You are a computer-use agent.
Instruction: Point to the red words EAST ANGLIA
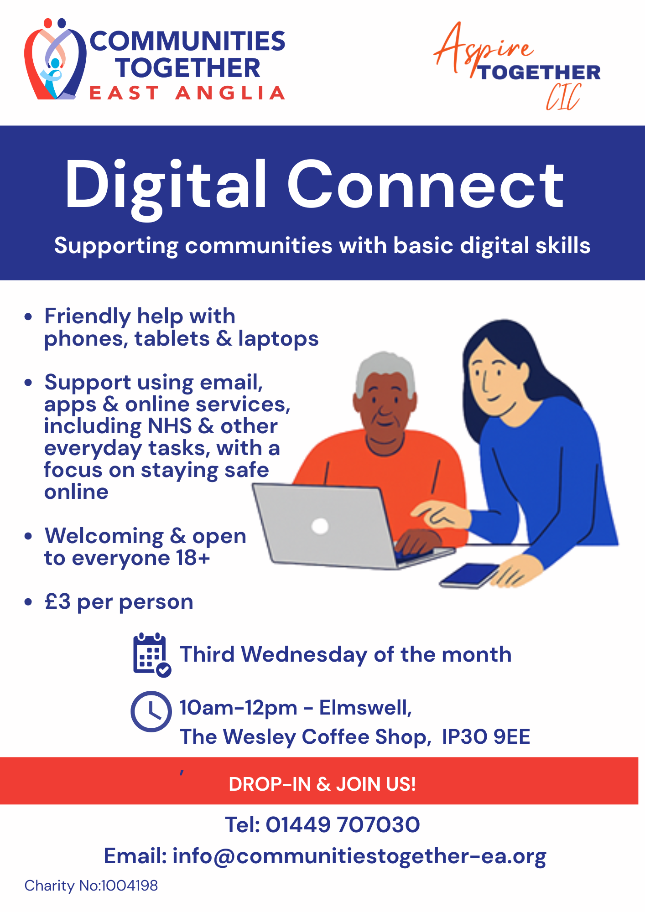[187, 93]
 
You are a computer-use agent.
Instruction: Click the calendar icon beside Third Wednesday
[151, 654]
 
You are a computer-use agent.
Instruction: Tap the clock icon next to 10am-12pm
[151, 711]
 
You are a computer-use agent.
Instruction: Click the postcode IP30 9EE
[486, 736]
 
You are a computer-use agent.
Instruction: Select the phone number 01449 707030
[343, 824]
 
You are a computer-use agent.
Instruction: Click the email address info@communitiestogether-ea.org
[359, 856]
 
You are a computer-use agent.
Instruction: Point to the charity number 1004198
[130, 886]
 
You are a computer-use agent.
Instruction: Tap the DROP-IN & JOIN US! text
[322, 784]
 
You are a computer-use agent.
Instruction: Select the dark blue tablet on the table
[470, 575]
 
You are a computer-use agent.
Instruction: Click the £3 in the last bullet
[58, 601]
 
